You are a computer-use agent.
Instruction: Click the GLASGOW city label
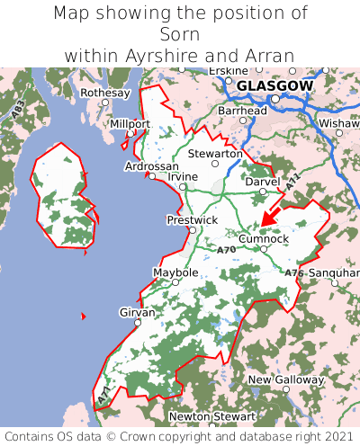274,86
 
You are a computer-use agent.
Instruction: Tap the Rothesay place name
105,93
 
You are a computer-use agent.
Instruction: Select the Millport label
130,123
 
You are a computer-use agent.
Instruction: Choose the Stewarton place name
215,154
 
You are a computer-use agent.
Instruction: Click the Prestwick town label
192,219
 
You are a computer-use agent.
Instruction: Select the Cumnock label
264,238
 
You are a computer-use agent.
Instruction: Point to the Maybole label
175,272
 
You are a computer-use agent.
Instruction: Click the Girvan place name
137,312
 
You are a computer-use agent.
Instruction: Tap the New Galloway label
285,379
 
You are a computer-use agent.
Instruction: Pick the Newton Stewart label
212,417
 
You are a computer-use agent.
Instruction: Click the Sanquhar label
333,272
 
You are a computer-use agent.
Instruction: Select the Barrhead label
242,111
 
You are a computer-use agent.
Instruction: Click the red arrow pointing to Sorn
273,215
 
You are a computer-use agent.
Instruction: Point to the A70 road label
227,248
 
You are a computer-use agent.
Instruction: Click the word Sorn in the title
180,34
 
